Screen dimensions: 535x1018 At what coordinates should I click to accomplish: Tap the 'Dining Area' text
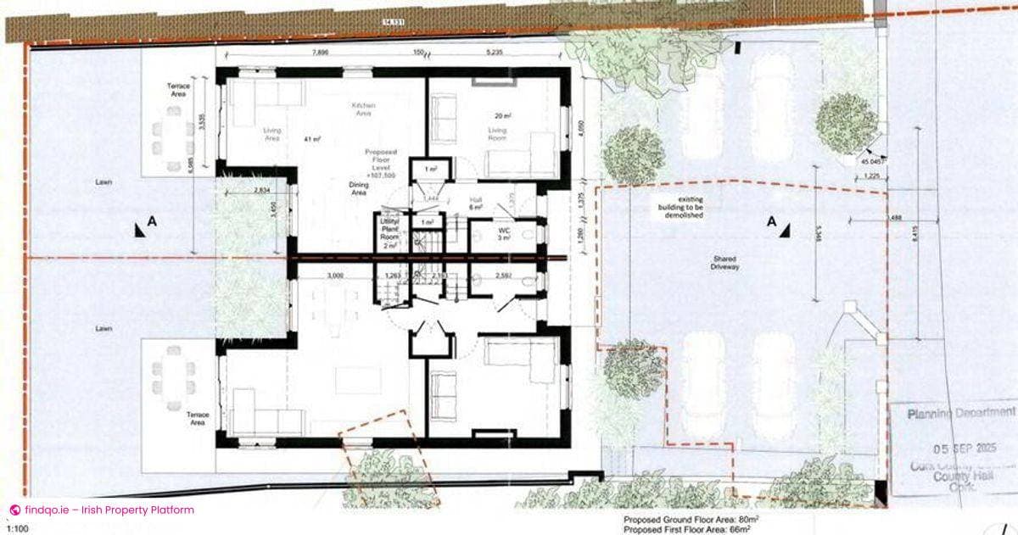[x=358, y=188]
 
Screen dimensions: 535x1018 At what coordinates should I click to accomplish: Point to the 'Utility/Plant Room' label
[x=389, y=231]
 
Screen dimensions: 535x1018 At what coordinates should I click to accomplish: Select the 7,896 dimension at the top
[x=320, y=53]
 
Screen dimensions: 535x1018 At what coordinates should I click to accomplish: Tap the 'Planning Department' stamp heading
[x=953, y=415]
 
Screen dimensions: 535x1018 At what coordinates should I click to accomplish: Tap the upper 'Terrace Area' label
[x=178, y=91]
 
